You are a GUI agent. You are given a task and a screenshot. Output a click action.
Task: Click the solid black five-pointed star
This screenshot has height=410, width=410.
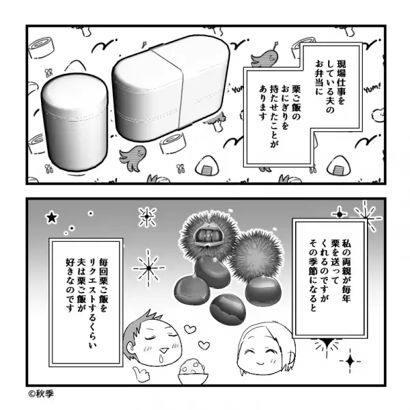tap(51, 219)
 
